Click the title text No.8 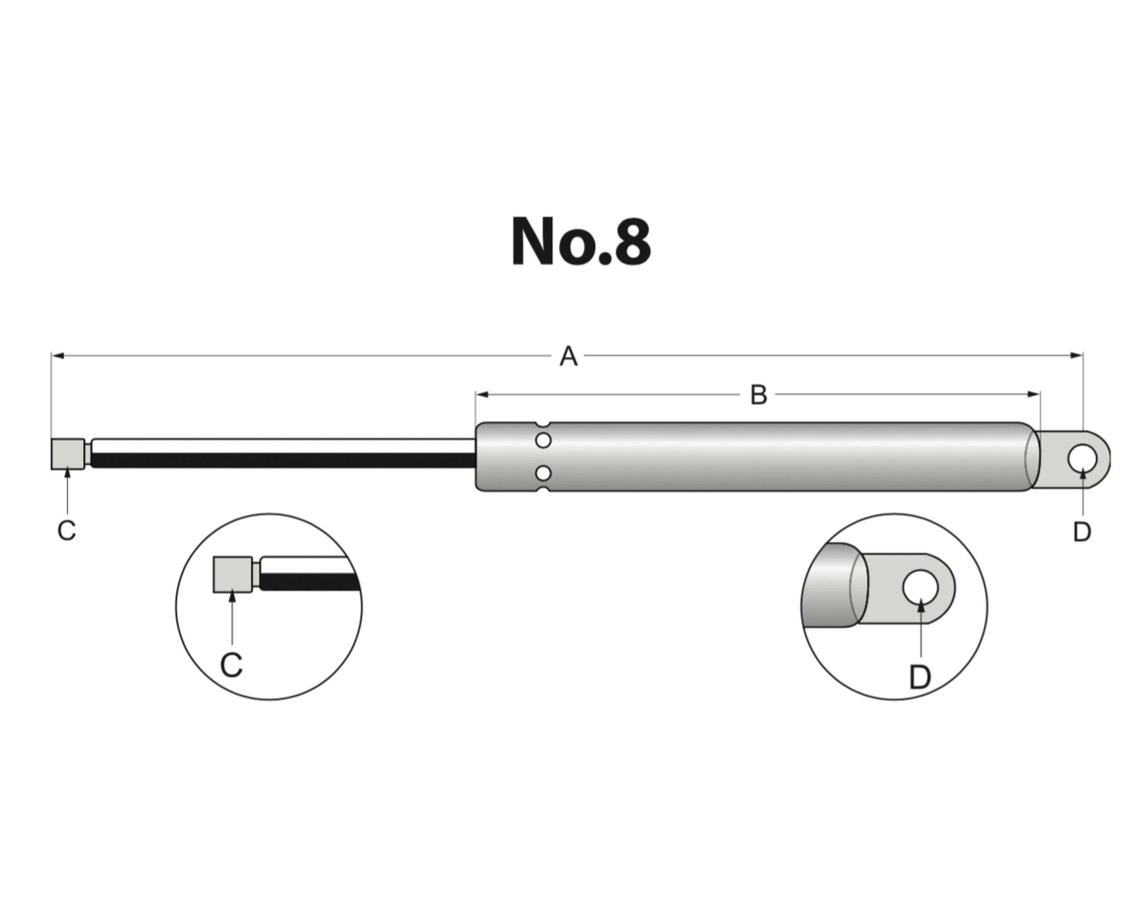581,242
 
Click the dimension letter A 569,356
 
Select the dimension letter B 759,395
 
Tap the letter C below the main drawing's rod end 67,530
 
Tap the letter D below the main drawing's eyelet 1082,532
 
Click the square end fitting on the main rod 68,454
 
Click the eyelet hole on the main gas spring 1082,458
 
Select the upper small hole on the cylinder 543,440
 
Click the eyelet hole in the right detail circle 920,587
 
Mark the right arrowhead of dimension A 1076,356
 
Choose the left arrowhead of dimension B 482,395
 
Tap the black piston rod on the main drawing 284,460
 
